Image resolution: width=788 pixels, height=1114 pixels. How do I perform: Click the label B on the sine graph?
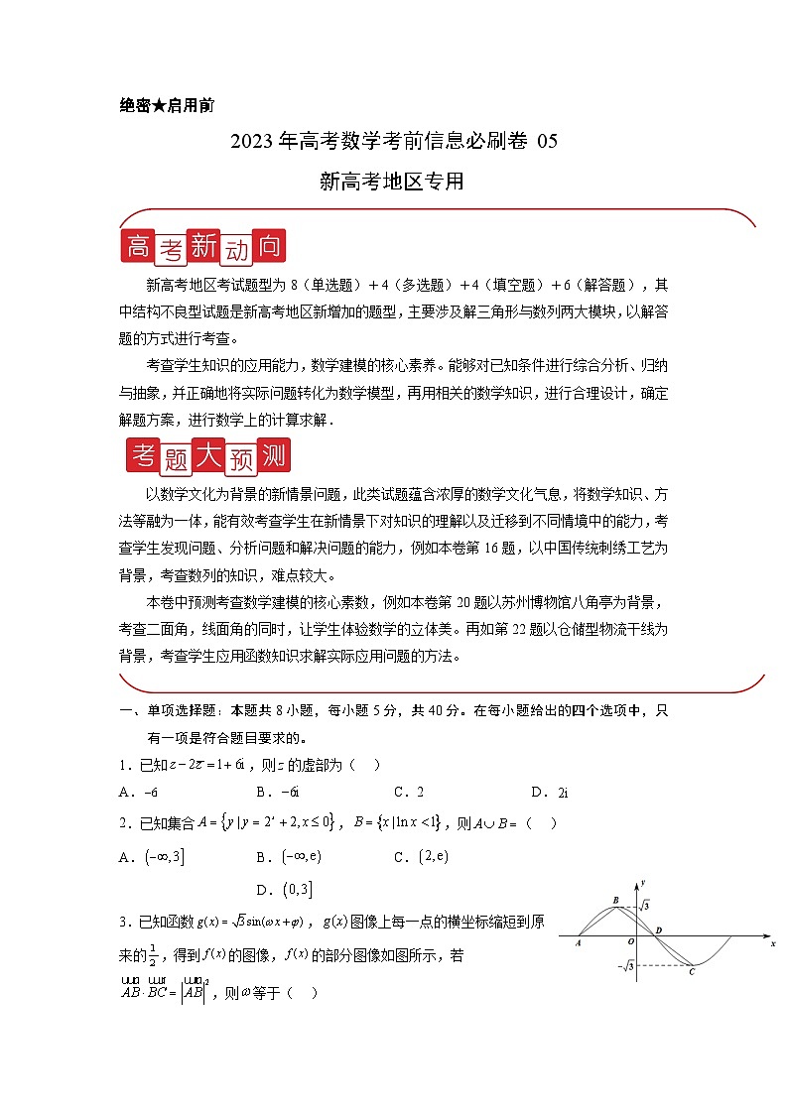coord(616,900)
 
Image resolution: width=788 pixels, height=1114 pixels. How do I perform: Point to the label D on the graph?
coord(660,929)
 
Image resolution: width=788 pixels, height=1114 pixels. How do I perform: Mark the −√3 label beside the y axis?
coord(624,965)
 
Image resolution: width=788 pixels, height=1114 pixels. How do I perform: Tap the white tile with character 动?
coord(235,249)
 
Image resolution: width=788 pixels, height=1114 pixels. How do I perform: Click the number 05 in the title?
coord(547,141)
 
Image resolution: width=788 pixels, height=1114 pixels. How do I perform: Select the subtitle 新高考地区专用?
coord(393,182)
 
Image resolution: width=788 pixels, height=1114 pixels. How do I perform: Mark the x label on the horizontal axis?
coord(772,944)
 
